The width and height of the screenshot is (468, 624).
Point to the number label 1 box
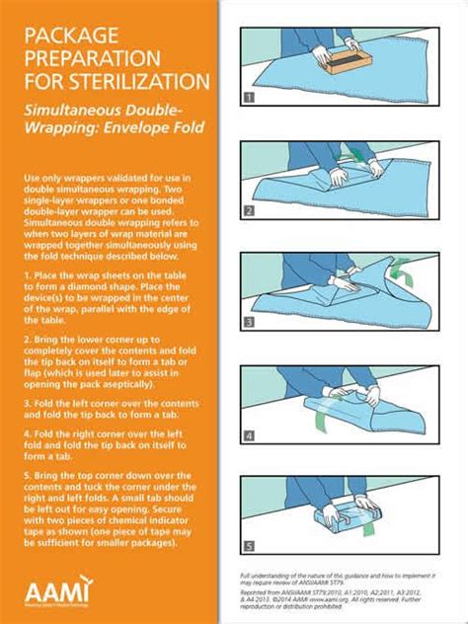point(249,98)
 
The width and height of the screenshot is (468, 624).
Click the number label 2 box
point(249,210)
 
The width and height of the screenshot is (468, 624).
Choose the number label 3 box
point(249,322)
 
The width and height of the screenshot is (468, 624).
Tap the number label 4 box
point(249,434)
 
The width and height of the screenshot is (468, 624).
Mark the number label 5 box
point(249,546)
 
